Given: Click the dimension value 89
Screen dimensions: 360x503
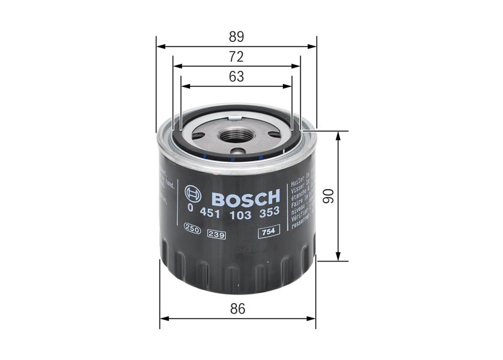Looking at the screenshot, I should (236, 36).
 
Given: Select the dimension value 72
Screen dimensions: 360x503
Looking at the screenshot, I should (236, 57).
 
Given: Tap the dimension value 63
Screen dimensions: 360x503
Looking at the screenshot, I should (236, 77).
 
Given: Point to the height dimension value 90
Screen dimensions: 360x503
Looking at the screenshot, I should (327, 196).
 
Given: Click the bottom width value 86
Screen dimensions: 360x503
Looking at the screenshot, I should (238, 310).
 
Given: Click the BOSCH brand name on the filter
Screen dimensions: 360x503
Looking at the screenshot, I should (246, 197).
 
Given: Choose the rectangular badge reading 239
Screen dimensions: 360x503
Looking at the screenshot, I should (215, 233).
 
